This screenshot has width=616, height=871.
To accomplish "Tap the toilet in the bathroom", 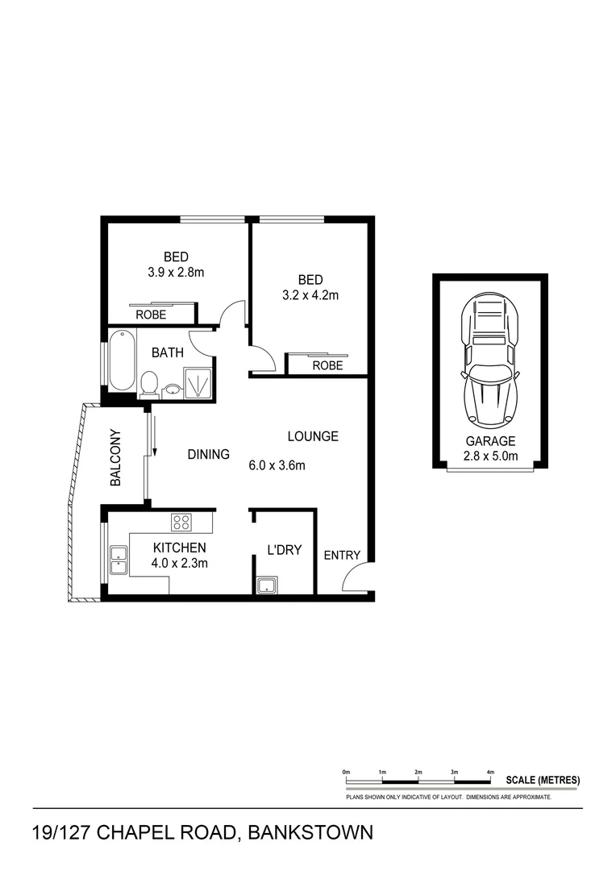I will (148, 384).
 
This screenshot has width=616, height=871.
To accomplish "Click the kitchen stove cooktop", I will (181, 522).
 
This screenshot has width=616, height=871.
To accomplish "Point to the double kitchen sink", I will (119, 560).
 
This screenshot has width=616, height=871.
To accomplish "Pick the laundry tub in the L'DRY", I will (266, 586).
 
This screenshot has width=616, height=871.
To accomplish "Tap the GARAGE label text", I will (490, 441).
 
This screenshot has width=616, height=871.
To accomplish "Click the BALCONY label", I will (115, 457).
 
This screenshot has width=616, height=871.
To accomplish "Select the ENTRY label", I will (341, 556).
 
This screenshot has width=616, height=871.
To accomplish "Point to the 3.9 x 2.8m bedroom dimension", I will (176, 273).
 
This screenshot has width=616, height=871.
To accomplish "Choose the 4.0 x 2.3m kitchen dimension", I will (180, 563).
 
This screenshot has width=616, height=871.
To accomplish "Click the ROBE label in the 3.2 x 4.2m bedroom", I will (327, 365).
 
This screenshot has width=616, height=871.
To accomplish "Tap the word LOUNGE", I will (313, 436).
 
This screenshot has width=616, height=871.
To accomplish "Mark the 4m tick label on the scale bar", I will (490, 773).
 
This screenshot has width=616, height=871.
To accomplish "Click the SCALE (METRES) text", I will (542, 780).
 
